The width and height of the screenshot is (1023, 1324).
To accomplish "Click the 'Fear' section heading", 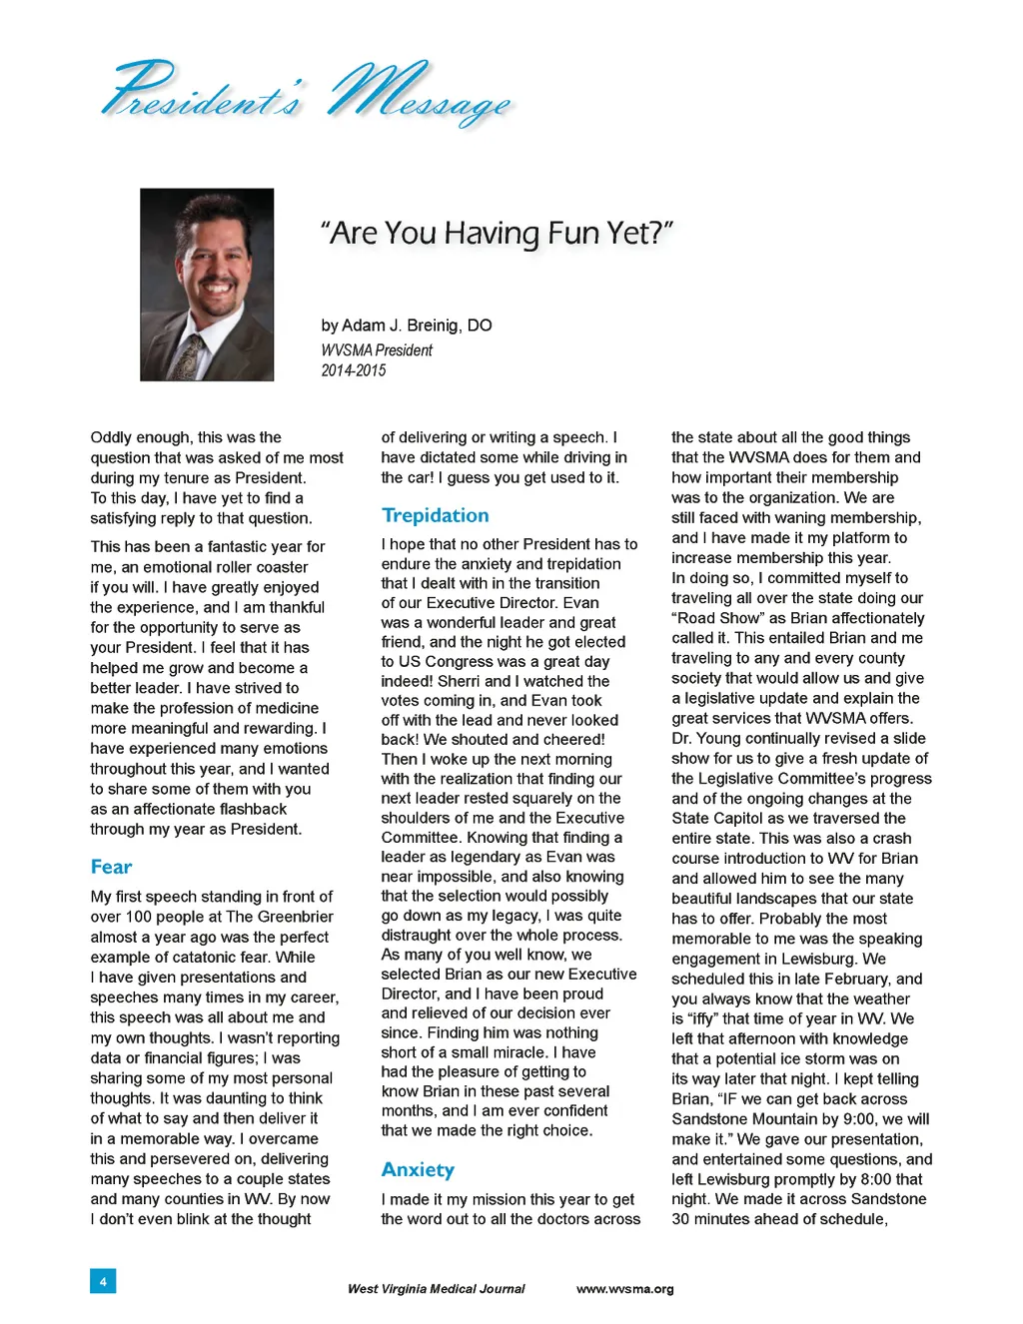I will (x=111, y=867).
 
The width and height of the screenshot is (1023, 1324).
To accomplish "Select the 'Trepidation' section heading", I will (x=435, y=515).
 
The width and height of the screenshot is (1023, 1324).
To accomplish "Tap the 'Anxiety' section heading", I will (x=418, y=1169).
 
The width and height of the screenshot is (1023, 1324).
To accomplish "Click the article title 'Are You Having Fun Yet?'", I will (x=497, y=233).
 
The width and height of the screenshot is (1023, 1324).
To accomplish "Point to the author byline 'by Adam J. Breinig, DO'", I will (x=406, y=326).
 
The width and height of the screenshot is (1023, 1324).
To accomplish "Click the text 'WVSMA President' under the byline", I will (x=377, y=350).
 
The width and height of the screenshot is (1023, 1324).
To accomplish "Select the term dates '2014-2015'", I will (x=353, y=370).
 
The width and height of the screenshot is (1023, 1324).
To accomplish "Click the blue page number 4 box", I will (x=102, y=1281).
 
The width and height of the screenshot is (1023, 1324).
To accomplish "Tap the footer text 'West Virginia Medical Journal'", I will (x=436, y=1289).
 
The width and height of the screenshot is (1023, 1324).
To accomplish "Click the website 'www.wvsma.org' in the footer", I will (x=624, y=1289).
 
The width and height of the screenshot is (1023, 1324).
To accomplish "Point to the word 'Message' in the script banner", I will (x=420, y=95).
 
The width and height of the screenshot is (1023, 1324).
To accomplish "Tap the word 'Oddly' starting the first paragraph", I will (x=111, y=437).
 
